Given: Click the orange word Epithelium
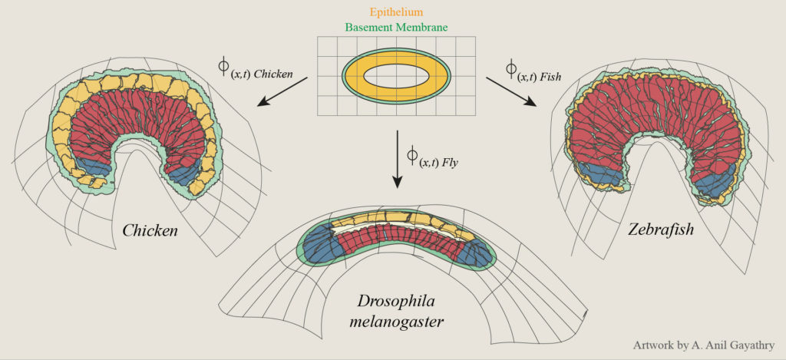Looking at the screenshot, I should pos(395,12).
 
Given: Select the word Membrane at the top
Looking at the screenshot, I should pos(424,27).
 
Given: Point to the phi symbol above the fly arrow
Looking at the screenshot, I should pos(412,156).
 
